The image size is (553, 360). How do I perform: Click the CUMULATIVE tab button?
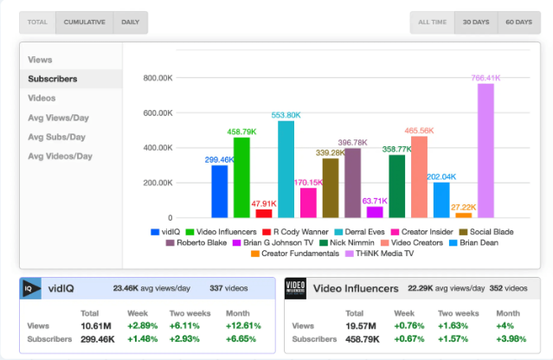(x=85, y=22)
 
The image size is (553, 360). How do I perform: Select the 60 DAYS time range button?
(x=518, y=22)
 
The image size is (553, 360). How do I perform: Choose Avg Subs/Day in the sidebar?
(x=57, y=137)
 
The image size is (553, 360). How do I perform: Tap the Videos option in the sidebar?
(x=42, y=98)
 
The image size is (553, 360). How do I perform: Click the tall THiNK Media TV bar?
(x=485, y=151)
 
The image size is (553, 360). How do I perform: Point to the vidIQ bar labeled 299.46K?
(x=219, y=191)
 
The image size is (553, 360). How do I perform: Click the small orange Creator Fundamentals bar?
(x=463, y=215)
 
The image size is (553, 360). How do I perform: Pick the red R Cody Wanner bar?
(x=263, y=213)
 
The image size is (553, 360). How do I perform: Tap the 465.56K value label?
(x=418, y=130)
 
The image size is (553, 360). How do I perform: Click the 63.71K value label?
(x=375, y=200)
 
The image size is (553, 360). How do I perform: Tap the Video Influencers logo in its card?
(x=295, y=289)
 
